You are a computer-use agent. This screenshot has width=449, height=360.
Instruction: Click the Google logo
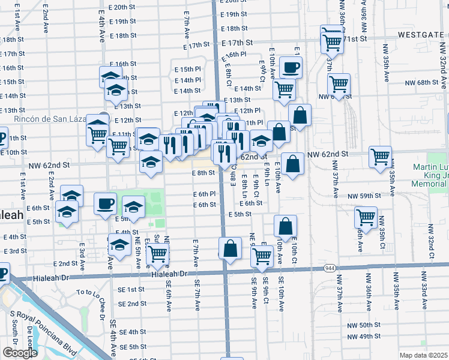(19, 352)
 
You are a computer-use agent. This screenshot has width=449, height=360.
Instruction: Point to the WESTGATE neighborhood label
(425, 44)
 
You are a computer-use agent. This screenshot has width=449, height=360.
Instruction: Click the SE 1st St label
(131, 289)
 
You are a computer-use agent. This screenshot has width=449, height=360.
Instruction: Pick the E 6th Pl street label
(204, 194)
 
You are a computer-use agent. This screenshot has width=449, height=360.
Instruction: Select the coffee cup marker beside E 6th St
(106, 205)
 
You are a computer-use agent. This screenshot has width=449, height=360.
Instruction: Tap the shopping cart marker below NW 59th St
(366, 217)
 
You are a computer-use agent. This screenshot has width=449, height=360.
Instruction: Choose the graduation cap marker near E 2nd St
(120, 245)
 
